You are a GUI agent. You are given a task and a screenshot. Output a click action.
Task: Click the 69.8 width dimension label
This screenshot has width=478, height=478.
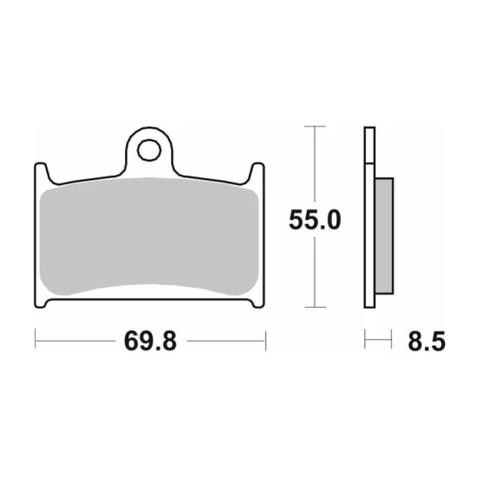[x=150, y=342]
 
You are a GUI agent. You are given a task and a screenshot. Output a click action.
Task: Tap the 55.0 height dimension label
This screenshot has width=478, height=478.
[x=315, y=220]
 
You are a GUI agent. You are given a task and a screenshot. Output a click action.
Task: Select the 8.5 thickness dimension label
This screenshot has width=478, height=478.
[x=427, y=342]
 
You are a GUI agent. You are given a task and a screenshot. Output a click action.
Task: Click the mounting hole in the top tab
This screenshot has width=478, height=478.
[x=149, y=150]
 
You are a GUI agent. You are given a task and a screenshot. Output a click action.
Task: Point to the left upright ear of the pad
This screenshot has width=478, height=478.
[x=41, y=173]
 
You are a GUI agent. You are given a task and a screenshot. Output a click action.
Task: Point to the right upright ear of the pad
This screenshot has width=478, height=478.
[x=257, y=173]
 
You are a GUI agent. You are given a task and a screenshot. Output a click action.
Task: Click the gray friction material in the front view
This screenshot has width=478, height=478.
[x=149, y=236]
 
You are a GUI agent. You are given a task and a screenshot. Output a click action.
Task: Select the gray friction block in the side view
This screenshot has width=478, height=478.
[x=384, y=236]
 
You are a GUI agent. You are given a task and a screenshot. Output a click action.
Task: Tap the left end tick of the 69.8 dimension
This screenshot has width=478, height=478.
[x=36, y=339]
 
